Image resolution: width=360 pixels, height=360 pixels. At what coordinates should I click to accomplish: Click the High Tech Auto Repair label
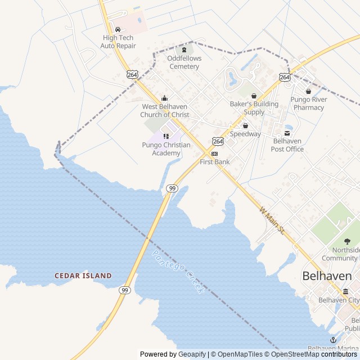[118, 42]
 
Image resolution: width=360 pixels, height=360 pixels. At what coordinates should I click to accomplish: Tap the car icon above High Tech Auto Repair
[118, 30]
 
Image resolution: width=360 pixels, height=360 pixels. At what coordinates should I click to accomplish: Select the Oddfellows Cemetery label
[183, 62]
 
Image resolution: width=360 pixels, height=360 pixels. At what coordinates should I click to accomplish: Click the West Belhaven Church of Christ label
[165, 110]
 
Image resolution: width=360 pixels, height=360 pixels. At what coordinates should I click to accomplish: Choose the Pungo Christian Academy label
[166, 148]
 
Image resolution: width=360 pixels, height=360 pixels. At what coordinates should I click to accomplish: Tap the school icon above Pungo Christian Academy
[165, 136]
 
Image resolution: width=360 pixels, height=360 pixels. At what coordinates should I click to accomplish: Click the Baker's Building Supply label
[254, 108]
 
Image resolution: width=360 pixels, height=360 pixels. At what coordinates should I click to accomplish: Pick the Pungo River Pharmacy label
[309, 103]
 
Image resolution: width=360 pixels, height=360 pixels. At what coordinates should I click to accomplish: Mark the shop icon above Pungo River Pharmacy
[308, 92]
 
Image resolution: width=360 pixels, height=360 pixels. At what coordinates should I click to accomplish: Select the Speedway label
[245, 134]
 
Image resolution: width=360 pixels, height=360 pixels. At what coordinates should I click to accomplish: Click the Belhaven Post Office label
[287, 145]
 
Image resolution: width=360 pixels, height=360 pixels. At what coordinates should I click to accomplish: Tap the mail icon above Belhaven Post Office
[287, 133]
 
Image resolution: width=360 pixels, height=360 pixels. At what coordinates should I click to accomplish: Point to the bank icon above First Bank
[214, 154]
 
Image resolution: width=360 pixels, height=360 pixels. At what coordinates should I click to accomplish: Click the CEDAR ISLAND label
[83, 276]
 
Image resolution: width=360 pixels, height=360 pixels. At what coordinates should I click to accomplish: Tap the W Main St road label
[273, 219]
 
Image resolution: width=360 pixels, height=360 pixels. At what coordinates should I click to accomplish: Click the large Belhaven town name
[327, 276]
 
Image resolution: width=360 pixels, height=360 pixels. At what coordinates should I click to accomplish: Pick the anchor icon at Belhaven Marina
[332, 340]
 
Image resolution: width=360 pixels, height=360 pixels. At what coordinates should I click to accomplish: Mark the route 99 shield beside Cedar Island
[125, 290]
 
